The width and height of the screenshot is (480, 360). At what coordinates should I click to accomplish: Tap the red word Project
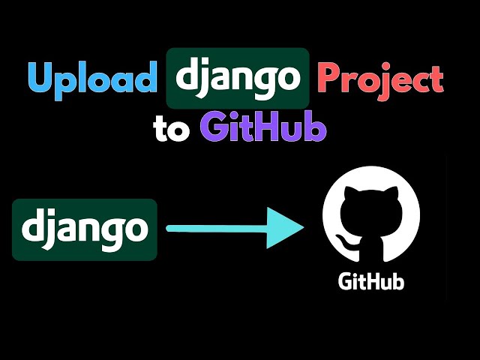[x=380, y=78]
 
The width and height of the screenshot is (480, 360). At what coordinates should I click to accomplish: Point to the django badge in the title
[x=238, y=78]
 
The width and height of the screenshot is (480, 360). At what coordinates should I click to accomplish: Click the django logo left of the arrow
[x=85, y=229]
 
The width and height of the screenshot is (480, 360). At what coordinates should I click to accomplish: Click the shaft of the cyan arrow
[x=217, y=229]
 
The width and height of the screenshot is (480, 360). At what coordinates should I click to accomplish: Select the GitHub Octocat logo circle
[x=371, y=213]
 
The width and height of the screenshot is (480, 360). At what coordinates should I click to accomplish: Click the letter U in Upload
[x=41, y=78]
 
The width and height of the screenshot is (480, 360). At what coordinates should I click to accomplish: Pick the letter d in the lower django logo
[x=33, y=227]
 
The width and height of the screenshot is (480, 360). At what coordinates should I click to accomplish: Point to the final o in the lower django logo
[x=135, y=229]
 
